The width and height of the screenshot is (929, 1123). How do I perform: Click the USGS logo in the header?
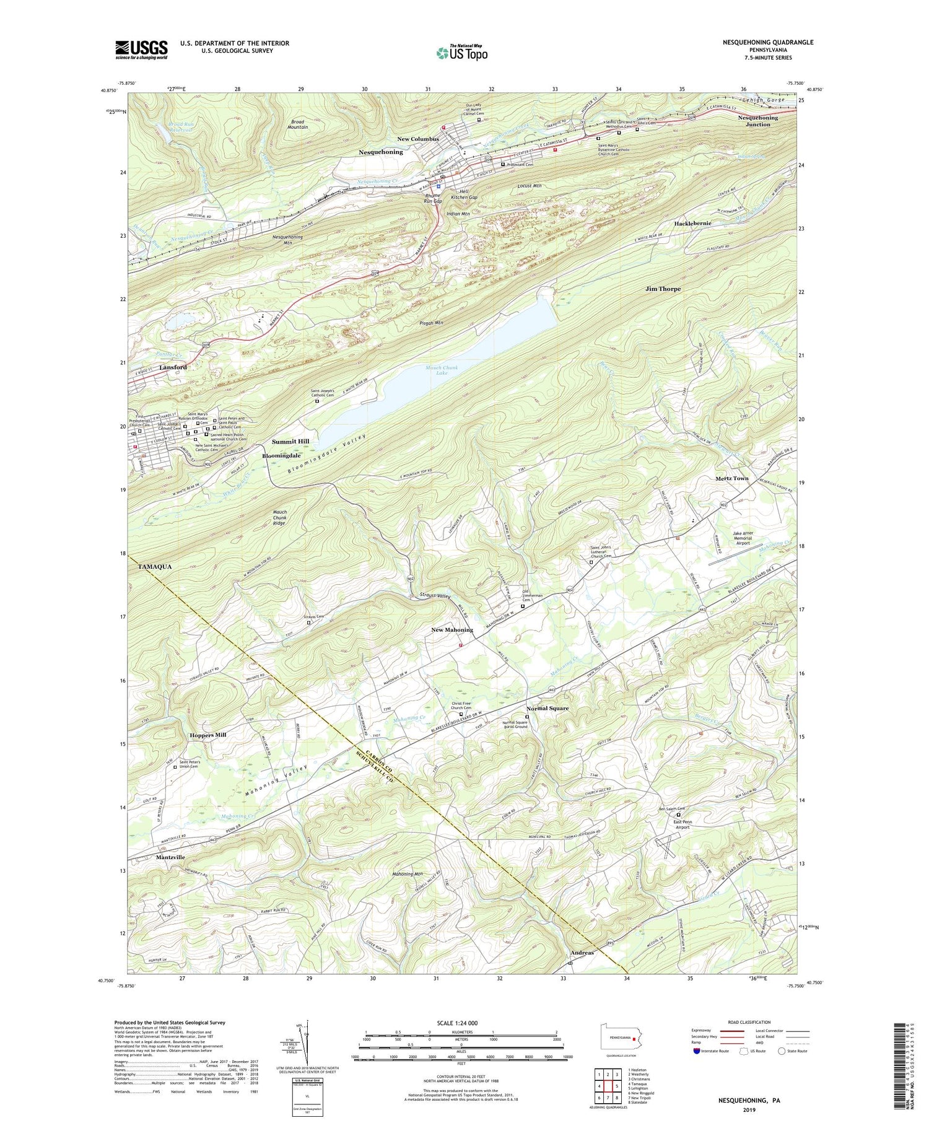(141, 50)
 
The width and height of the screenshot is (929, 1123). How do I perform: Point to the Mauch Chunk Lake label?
(442, 370)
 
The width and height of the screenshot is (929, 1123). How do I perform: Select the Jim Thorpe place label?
(663, 289)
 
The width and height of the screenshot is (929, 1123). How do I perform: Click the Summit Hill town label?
(290, 441)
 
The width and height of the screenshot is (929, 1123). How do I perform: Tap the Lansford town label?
(173, 367)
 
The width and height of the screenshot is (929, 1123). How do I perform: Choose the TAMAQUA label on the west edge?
(151, 567)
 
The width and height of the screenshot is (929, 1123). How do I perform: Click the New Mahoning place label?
(452, 630)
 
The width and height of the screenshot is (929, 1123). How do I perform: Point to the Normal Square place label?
(547, 708)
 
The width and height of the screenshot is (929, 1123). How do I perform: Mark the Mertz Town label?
(732, 478)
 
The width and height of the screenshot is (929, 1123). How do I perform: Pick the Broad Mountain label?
(298, 124)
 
